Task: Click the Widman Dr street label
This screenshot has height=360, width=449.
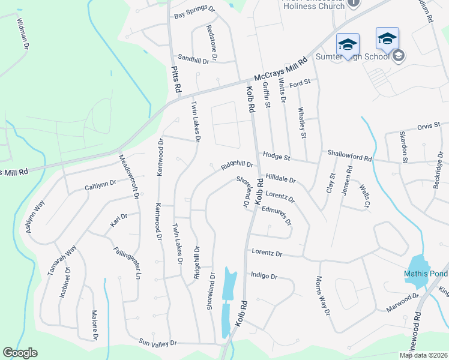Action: click(x=23, y=34)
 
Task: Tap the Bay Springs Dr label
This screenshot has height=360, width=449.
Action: click(x=194, y=12)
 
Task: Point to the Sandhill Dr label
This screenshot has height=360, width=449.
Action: click(x=193, y=61)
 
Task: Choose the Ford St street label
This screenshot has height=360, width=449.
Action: click(x=299, y=83)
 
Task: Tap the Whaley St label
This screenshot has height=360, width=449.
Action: click(x=303, y=122)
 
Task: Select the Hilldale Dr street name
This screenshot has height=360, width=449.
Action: click(x=281, y=179)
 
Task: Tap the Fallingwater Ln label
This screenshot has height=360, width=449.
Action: click(x=127, y=263)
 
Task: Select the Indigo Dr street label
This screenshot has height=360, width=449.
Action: click(x=264, y=276)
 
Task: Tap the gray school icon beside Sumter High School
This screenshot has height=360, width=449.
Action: click(x=397, y=57)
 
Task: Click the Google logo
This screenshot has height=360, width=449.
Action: click(x=20, y=353)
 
